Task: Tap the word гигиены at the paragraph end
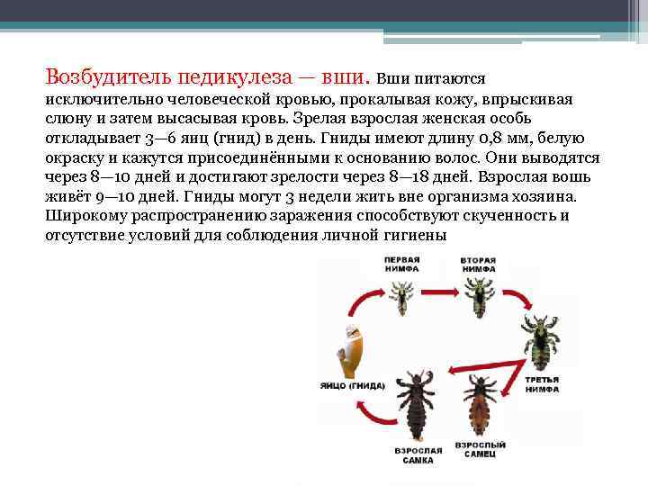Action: (414, 235)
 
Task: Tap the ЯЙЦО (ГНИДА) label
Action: (351, 386)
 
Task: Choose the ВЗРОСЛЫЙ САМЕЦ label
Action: (479, 450)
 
